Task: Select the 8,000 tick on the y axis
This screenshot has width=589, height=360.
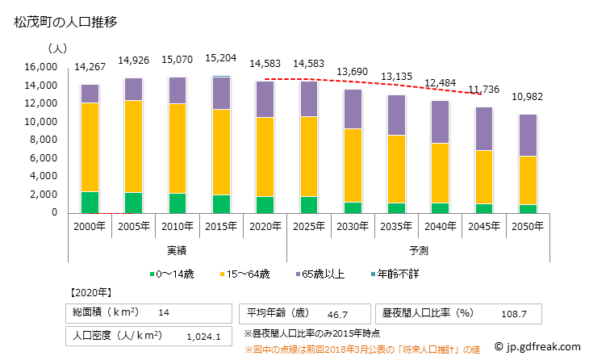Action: click(43, 140)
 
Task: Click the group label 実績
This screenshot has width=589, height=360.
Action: click(176, 250)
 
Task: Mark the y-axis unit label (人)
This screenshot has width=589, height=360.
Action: click(57, 48)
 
